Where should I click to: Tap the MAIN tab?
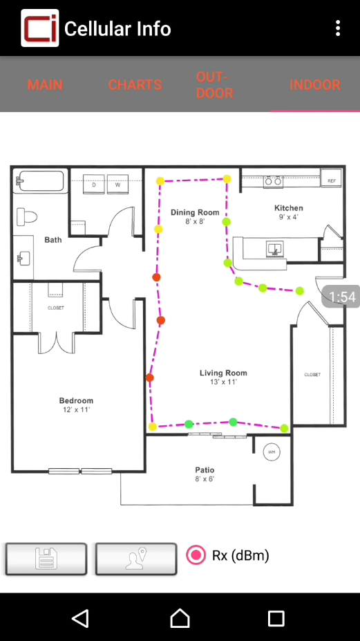point(45,85)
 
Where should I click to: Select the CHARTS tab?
point(135,85)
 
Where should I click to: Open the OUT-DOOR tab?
point(215,85)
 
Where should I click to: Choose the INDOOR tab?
point(315,85)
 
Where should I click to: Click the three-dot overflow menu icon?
point(337,28)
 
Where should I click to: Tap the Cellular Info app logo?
point(40,28)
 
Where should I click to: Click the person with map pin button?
point(136,559)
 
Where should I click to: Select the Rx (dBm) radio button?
point(196,555)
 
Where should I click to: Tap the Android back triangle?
point(81,618)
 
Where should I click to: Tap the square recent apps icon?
point(276,618)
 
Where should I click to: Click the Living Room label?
point(223,373)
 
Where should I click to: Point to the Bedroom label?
point(76,400)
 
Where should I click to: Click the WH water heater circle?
point(272,452)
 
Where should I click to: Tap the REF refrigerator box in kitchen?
point(331,177)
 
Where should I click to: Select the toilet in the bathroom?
point(26,216)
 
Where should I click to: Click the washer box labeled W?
point(117,185)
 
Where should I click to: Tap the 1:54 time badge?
point(341,297)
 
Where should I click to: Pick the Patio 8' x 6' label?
point(205,474)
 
